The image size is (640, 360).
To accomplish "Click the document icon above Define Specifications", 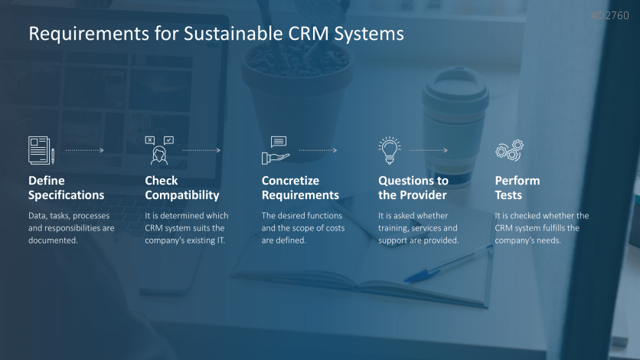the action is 41,150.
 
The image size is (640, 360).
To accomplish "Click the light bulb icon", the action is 390,150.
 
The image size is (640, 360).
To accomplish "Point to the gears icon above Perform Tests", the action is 509,150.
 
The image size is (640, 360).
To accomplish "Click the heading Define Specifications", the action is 66,188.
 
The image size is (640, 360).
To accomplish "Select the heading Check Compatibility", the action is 182,188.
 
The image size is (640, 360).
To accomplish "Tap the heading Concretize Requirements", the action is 300,188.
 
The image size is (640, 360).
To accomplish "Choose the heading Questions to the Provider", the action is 413,188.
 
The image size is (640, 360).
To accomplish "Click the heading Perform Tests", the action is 518,188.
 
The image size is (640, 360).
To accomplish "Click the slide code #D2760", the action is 610,15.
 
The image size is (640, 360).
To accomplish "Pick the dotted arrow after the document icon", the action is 85,150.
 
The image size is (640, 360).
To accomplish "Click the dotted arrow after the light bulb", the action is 429,150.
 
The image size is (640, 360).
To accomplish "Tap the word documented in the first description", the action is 53,241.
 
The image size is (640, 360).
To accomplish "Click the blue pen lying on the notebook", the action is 448,263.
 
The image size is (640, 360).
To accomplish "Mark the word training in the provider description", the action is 393,228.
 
